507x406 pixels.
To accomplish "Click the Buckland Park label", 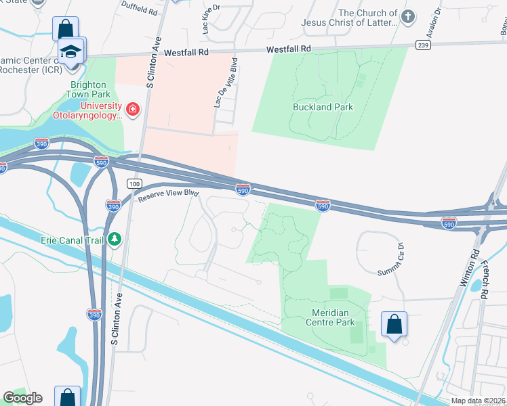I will point(323,107).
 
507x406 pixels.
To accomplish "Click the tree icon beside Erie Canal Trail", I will point(115,239).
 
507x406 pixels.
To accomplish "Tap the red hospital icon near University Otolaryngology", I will point(133,109).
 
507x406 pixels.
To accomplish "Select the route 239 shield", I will point(423,45).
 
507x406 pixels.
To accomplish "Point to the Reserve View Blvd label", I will point(168,195).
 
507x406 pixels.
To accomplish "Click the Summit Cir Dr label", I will point(391,259).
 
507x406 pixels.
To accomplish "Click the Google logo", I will point(23,397).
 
